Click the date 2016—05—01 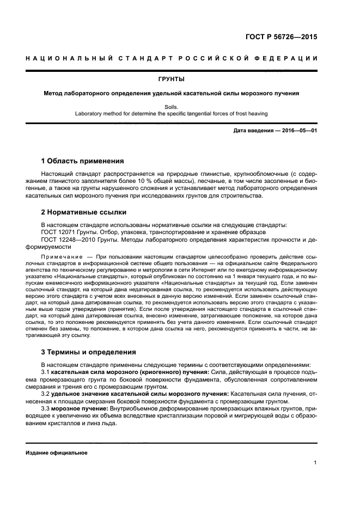[298, 131]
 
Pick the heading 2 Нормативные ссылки [84, 212]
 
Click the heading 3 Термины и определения [89, 352]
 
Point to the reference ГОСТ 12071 [56, 232]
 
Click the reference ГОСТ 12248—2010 [64, 240]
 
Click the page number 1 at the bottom [315, 463]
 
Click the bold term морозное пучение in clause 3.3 [80, 408]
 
